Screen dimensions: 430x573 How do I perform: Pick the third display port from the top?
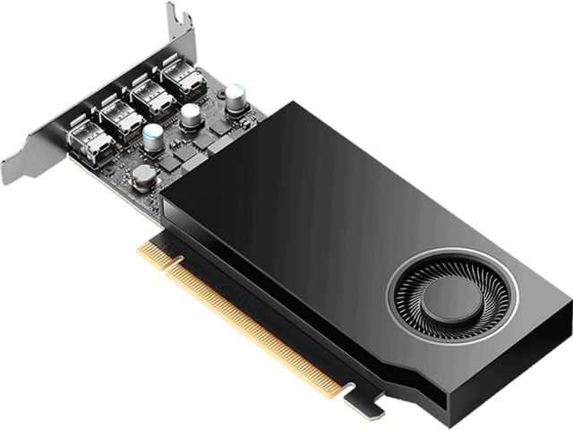click(120, 117)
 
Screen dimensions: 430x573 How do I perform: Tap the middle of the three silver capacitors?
click(190, 116)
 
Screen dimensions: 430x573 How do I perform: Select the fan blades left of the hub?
click(414, 295)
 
